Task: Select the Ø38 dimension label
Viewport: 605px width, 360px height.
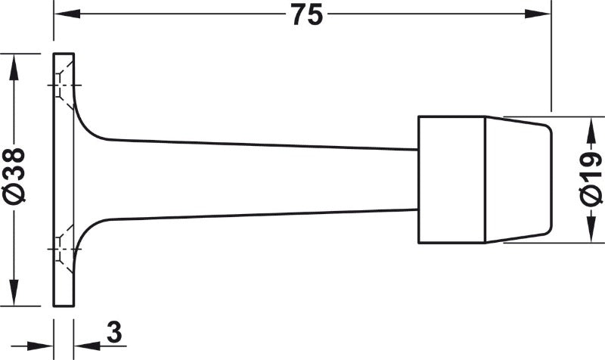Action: pyautogui.click(x=15, y=177)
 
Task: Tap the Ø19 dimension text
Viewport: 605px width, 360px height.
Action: pyautogui.click(x=591, y=179)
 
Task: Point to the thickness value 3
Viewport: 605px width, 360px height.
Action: pyautogui.click(x=113, y=332)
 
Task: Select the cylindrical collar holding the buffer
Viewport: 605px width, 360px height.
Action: pyautogui.click(x=451, y=179)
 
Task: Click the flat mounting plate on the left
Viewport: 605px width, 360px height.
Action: pyautogui.click(x=64, y=179)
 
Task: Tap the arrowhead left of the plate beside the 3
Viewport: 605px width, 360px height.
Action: pyautogui.click(x=43, y=345)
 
